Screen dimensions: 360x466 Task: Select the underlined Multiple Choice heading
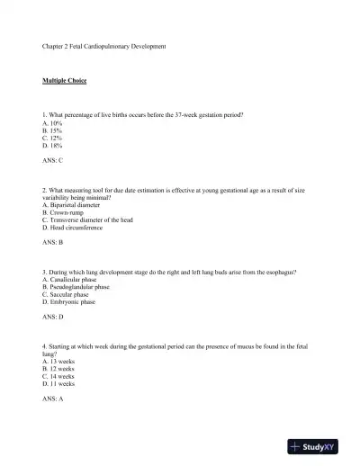point(64,80)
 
